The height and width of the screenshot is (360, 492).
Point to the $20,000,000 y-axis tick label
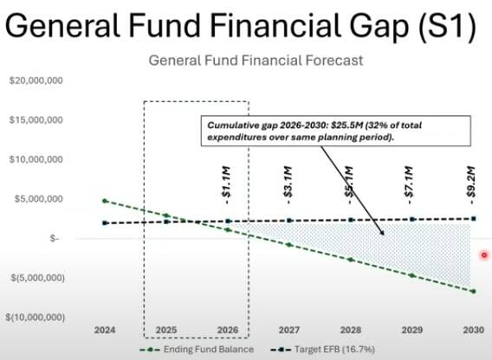[x=35, y=80]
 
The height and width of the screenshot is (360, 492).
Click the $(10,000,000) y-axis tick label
[x=35, y=318]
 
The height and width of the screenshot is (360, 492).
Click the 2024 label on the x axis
[x=105, y=331]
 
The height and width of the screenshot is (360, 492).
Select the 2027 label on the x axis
[x=289, y=331]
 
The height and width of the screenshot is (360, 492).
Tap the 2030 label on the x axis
[x=473, y=331]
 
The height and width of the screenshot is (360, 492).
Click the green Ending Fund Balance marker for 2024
[x=105, y=201]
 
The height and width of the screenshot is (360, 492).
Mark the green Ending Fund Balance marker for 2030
[x=473, y=291]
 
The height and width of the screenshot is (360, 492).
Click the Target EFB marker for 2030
[x=473, y=218]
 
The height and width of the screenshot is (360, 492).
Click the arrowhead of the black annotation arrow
[x=384, y=234]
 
